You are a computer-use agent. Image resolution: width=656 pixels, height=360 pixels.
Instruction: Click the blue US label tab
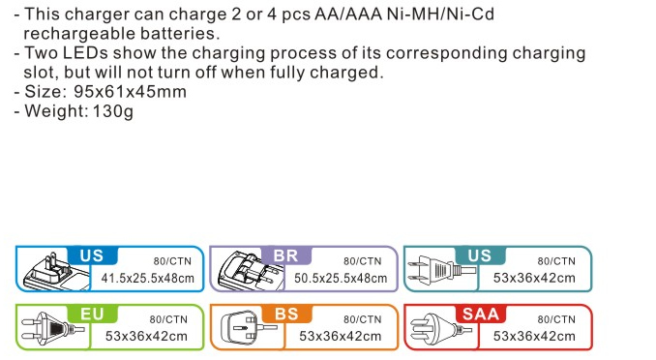tap(92, 255)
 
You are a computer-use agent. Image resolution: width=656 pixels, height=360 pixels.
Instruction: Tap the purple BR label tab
tap(286, 255)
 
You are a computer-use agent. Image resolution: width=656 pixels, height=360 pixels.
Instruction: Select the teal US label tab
tap(480, 255)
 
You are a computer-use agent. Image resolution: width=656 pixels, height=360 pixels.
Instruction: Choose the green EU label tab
tap(92, 314)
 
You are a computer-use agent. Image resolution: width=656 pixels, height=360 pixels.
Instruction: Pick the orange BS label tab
tap(286, 314)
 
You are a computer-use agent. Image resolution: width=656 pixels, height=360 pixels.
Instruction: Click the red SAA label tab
tap(481, 314)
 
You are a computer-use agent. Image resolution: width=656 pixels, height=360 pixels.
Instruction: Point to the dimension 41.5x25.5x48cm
tap(148, 278)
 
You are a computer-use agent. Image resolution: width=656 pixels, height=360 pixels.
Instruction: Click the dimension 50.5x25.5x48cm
tap(341, 278)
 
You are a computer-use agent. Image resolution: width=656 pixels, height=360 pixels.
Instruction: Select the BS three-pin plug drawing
tap(248, 327)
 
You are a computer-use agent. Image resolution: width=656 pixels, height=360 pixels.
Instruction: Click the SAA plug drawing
tap(440, 327)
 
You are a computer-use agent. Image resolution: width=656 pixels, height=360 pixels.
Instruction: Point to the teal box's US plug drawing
tap(441, 268)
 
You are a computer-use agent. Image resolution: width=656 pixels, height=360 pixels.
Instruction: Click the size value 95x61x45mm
tap(130, 92)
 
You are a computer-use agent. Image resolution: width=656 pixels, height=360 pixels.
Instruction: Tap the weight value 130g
tap(113, 111)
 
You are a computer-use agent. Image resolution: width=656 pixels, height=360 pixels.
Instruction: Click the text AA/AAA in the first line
tap(348, 15)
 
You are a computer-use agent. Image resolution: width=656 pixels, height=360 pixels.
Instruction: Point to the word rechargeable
tap(77, 34)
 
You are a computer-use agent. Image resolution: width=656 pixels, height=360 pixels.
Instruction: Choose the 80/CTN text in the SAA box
tap(556, 319)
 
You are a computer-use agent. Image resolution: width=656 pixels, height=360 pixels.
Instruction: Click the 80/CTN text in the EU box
tap(168, 319)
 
